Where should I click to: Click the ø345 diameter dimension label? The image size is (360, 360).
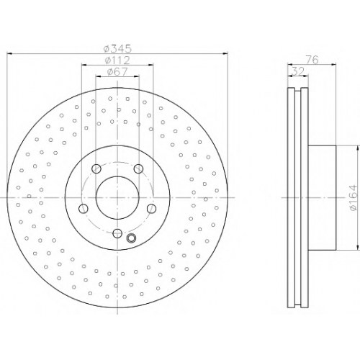click(117, 49)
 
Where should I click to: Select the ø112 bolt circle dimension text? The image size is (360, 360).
click(117, 60)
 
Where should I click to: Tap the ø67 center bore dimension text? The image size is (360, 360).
click(117, 71)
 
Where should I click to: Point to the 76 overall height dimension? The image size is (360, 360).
click(312, 60)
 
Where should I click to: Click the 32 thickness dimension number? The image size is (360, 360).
click(298, 71)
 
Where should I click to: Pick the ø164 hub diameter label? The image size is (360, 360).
click(354, 198)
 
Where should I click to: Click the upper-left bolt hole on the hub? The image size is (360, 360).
click(96, 168)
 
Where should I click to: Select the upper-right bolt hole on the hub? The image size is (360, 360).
click(138, 168)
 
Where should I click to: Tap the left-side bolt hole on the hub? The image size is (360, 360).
click(84, 209)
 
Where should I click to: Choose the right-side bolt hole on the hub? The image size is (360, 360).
click(151, 209)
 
